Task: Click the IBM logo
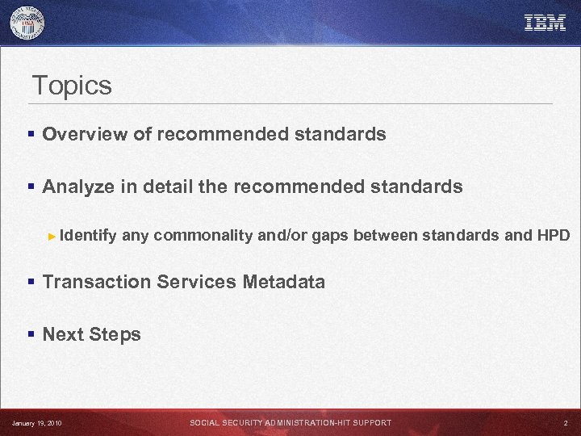point(545,23)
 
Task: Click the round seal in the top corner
point(27,23)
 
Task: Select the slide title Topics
point(71,86)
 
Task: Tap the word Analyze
point(80,187)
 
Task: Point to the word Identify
point(89,236)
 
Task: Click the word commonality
point(203,236)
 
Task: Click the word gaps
point(330,236)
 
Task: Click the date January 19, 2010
point(36,423)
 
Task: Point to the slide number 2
point(565,423)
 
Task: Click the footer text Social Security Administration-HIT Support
point(290,423)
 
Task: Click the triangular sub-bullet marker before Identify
point(52,237)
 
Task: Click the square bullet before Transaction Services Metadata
point(31,283)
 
